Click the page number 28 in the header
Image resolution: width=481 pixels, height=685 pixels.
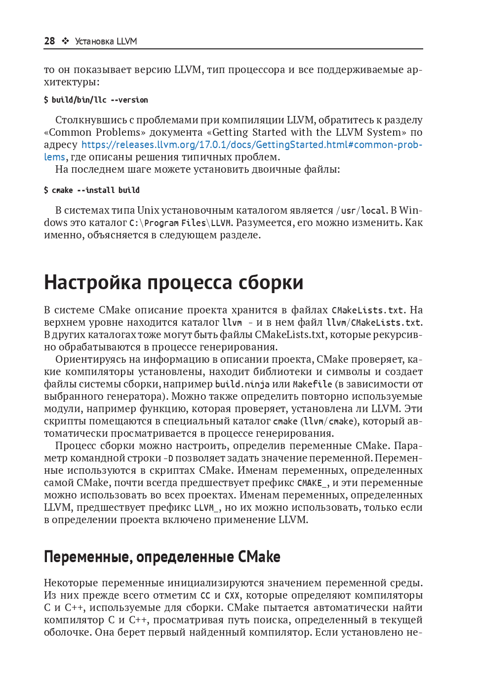click(49, 41)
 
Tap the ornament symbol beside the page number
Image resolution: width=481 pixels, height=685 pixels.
click(65, 41)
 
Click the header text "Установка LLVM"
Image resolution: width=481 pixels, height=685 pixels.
click(106, 41)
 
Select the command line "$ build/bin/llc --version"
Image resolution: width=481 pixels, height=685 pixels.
click(96, 100)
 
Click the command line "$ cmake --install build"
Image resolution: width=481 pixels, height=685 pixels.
click(92, 190)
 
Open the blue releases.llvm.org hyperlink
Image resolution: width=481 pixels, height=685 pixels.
click(251, 145)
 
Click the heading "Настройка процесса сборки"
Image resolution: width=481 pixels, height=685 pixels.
click(173, 282)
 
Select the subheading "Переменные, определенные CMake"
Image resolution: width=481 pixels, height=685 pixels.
click(162, 557)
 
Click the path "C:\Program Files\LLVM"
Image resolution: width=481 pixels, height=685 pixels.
click(180, 223)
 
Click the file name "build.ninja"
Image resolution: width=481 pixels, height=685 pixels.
click(242, 384)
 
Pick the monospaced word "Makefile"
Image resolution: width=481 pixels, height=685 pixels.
click(312, 384)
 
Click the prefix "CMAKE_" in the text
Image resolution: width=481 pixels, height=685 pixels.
click(312, 483)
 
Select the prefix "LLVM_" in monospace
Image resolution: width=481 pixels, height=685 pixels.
click(207, 508)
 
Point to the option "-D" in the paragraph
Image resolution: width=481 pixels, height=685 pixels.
click(168, 458)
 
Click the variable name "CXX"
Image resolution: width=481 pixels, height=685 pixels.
click(232, 596)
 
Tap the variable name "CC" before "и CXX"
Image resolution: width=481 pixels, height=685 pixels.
click(205, 596)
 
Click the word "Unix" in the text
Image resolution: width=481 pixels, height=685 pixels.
click(148, 210)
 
